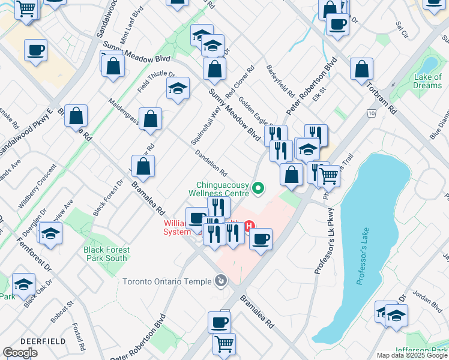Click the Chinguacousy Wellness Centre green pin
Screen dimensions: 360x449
(259, 188)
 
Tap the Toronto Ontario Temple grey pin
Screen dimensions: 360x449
(221, 281)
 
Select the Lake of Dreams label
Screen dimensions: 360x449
(427, 81)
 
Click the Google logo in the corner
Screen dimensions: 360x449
(20, 353)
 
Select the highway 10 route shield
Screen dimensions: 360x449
(372, 113)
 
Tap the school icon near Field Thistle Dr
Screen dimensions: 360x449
(178, 89)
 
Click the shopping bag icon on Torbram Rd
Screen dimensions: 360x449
(362, 70)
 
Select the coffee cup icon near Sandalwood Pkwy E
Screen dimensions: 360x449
(36, 51)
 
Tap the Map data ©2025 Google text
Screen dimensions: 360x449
(412, 355)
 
